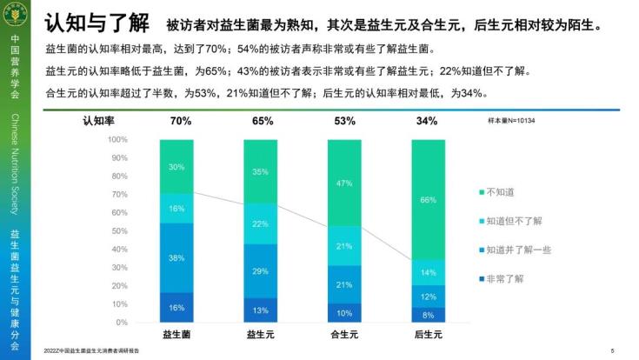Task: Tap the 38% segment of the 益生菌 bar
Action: (x=176, y=257)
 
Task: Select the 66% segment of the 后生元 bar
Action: (x=428, y=199)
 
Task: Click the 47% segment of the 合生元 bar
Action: (x=344, y=183)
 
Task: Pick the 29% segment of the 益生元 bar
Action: (x=260, y=271)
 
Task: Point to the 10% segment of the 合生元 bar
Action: (x=344, y=313)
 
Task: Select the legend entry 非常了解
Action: (x=507, y=279)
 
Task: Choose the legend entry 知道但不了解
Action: (x=514, y=220)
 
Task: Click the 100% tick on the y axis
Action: (x=117, y=139)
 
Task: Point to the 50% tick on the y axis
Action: (x=119, y=223)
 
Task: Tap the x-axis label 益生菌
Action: (x=176, y=333)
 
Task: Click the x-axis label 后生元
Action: (x=428, y=333)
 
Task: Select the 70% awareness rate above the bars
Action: (x=181, y=121)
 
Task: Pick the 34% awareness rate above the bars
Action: (x=427, y=121)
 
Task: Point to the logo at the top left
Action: (x=15, y=16)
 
